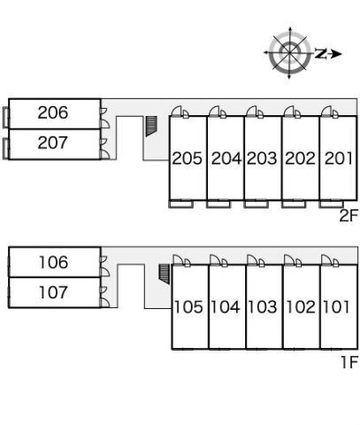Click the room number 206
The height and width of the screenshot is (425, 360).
coord(53,112)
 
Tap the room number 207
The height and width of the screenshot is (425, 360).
coord(53,143)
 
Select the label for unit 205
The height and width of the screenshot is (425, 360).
coord(188,158)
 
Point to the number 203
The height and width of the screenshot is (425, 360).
coord(262,158)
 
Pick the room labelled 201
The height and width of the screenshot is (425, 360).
coord(339,158)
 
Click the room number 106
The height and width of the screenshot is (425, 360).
coord(54,262)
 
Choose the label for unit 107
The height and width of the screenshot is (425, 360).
coord(54,292)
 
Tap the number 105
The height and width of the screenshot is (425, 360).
coord(188,307)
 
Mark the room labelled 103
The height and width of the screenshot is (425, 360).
coord(263,307)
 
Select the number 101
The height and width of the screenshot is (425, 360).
coord(336,307)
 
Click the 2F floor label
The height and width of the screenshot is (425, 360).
coord(349,216)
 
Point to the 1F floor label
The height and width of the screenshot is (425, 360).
coord(349,362)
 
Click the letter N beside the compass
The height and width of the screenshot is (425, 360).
coord(320,53)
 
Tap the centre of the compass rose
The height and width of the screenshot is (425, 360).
coord(290,53)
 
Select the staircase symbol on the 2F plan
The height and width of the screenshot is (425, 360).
coord(151,126)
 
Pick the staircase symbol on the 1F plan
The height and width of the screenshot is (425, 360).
coord(165,274)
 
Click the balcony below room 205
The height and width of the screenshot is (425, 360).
coord(181,204)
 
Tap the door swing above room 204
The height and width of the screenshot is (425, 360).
coord(215,112)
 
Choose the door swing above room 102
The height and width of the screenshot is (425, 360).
coord(290,260)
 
